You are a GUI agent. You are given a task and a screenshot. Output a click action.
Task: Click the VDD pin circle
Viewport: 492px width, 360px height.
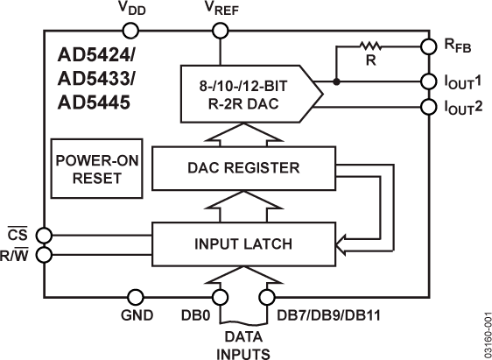(130, 31)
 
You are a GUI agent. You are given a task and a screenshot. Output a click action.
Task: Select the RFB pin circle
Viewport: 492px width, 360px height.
(428, 45)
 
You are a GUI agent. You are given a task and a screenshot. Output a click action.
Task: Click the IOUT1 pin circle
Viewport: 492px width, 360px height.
(428, 81)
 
